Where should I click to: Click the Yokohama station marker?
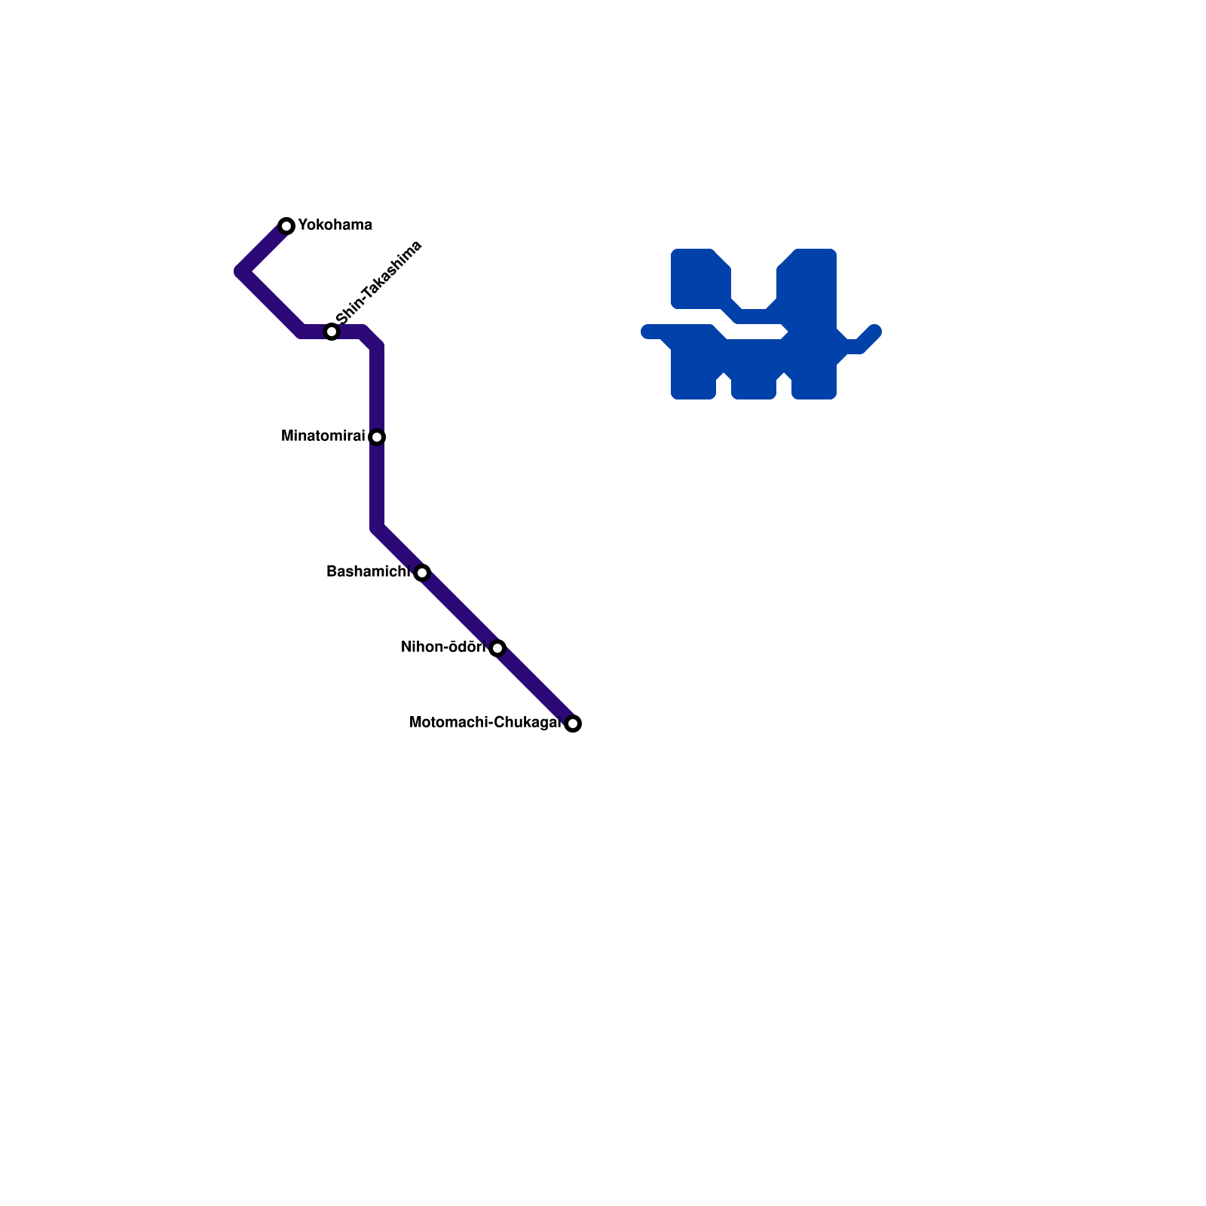click(x=286, y=226)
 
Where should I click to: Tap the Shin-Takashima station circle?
click(x=332, y=332)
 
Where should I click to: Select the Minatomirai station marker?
click(x=378, y=437)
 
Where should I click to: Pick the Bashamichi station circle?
click(x=422, y=573)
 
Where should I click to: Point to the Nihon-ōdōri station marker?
click(x=497, y=648)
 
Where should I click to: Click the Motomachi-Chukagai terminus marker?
click(x=573, y=724)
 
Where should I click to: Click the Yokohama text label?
click(x=335, y=225)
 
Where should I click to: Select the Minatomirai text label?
click(x=323, y=436)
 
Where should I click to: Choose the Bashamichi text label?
click(x=367, y=572)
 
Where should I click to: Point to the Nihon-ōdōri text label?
click(x=443, y=647)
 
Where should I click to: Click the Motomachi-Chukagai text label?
click(x=485, y=723)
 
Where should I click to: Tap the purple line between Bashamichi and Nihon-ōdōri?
click(x=460, y=611)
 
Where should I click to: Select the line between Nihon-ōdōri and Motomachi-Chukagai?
click(x=535, y=686)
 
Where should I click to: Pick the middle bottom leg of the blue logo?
click(x=754, y=381)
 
